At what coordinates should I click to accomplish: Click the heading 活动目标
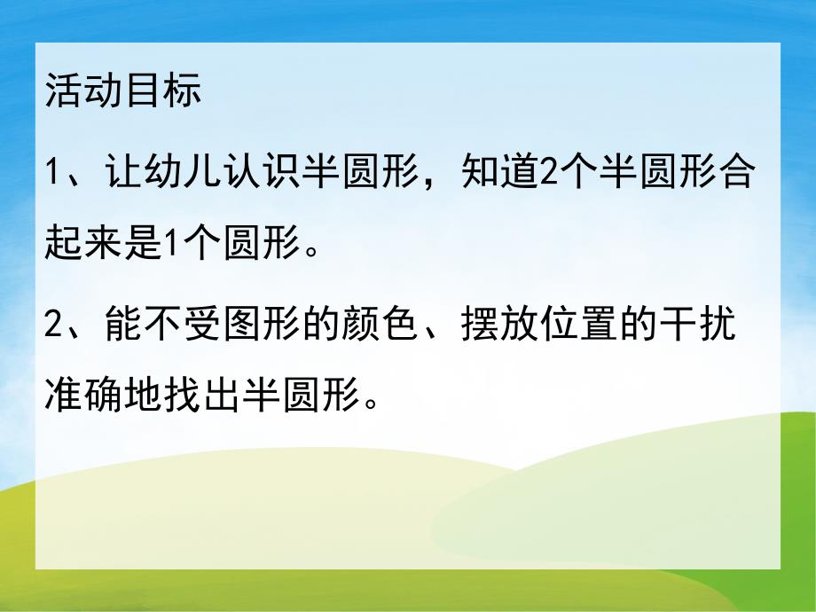click(x=123, y=92)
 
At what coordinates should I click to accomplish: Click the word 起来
click(x=83, y=242)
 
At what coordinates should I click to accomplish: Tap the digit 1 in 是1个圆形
click(x=172, y=242)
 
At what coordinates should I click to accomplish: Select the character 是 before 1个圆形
click(x=144, y=242)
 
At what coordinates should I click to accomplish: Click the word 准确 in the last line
click(x=83, y=390)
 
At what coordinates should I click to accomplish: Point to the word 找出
click(x=205, y=390)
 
